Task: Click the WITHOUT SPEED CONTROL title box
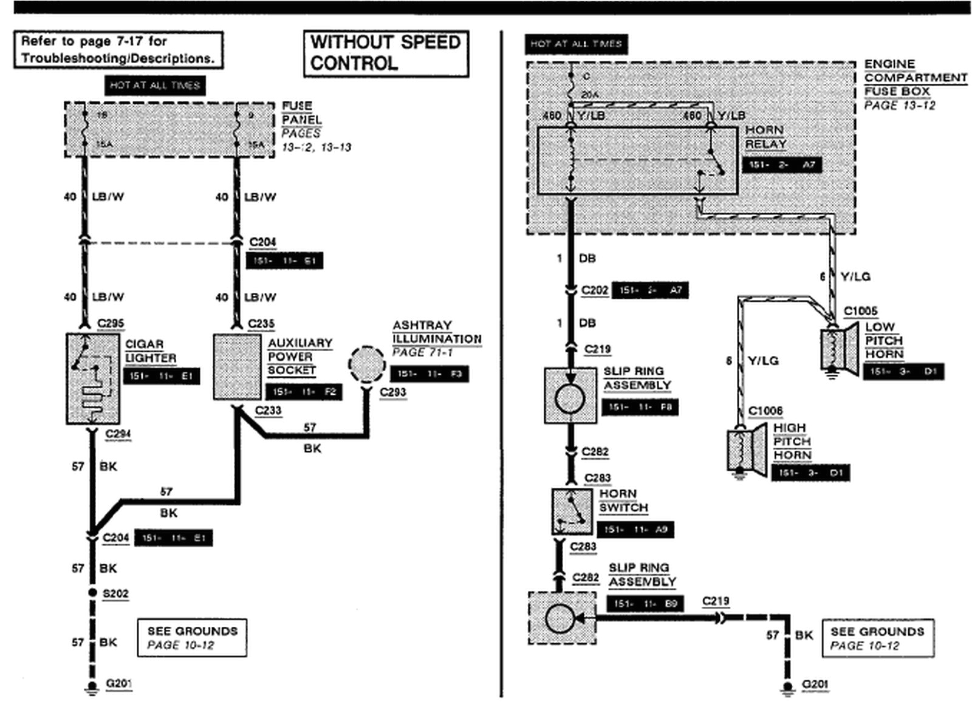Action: [x=386, y=53]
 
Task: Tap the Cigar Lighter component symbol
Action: [x=92, y=378]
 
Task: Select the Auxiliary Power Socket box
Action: [x=236, y=367]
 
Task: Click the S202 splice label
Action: [x=115, y=593]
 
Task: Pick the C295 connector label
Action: [x=111, y=324]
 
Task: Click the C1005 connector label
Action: [x=860, y=312]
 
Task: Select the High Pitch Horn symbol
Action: [x=747, y=450]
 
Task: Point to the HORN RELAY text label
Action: [x=765, y=137]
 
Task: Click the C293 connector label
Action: [x=392, y=392]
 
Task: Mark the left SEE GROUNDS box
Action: [x=192, y=638]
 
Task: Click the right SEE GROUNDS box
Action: [x=877, y=638]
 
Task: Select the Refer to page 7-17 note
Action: [x=118, y=50]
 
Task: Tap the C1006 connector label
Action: [x=765, y=411]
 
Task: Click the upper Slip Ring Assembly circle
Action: [x=570, y=398]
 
